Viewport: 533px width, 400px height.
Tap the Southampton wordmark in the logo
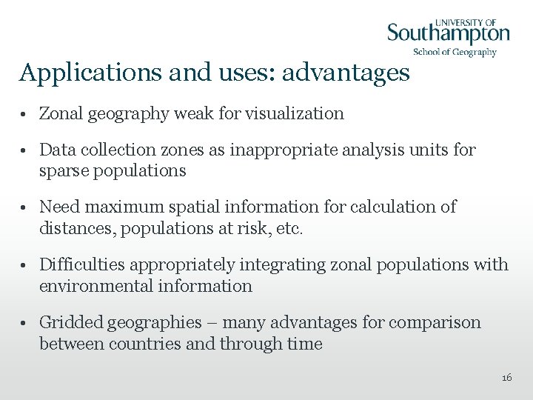(x=449, y=33)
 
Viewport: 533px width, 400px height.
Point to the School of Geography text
(x=455, y=52)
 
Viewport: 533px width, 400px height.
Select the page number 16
(x=506, y=378)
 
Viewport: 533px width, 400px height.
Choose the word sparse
(x=62, y=170)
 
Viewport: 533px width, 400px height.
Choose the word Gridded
(x=70, y=322)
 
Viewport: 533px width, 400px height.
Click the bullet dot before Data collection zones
(x=25, y=150)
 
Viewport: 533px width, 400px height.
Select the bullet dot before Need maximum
(x=25, y=207)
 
